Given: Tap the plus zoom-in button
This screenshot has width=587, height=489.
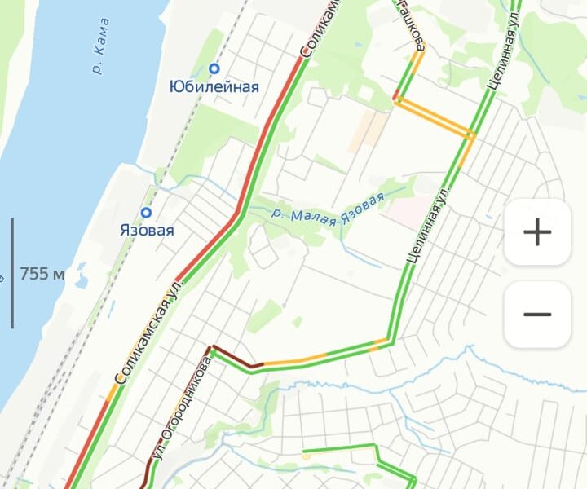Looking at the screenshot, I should tap(536, 232).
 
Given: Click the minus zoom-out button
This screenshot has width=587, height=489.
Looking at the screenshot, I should tap(536, 315).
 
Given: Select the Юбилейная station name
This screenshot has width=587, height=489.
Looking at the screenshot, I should tap(214, 87).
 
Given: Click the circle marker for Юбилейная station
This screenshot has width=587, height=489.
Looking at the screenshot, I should tap(214, 69).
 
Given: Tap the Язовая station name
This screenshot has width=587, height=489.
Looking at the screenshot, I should tap(147, 231).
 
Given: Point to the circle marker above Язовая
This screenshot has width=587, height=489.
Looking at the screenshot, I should tap(147, 214).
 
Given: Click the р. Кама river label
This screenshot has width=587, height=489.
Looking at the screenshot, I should tap(101, 56).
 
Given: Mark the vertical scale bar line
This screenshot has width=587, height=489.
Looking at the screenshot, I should tap(12, 273).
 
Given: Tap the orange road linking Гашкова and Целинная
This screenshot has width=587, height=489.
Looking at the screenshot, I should tap(432, 116).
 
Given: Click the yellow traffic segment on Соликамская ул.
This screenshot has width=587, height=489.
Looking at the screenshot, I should tap(110, 394).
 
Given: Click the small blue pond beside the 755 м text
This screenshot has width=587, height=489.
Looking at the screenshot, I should tap(82, 282).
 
